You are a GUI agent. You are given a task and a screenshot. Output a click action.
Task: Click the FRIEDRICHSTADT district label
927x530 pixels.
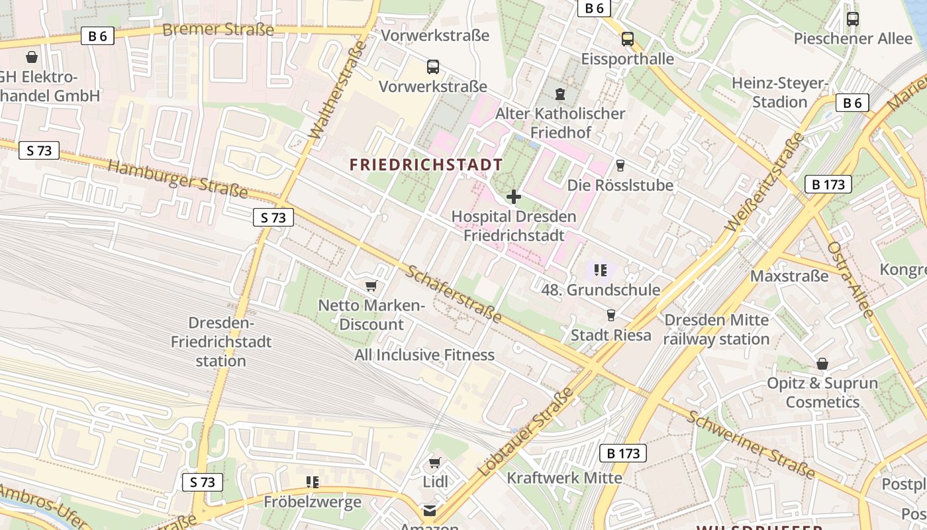pyautogui.click(x=426, y=165)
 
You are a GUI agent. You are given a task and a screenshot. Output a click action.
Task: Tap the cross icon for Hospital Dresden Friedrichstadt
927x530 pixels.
pyautogui.click(x=513, y=197)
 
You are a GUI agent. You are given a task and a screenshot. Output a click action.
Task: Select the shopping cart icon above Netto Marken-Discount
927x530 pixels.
pyautogui.click(x=371, y=286)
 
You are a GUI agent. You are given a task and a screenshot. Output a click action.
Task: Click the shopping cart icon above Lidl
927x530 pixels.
pyautogui.click(x=434, y=462)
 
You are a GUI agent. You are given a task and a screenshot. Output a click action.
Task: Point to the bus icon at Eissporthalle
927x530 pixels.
pyautogui.click(x=627, y=39)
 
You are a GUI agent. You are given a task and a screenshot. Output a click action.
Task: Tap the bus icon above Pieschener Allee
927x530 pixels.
pyautogui.click(x=853, y=19)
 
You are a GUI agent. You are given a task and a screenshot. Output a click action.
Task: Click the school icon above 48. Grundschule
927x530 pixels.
pyautogui.click(x=601, y=270)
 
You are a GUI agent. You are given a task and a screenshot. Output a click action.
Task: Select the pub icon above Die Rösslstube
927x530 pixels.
pyautogui.click(x=620, y=165)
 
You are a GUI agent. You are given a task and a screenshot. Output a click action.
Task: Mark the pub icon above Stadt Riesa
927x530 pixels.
pyautogui.click(x=610, y=315)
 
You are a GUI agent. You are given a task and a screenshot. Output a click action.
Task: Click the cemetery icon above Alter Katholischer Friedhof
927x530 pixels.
pyautogui.click(x=560, y=93)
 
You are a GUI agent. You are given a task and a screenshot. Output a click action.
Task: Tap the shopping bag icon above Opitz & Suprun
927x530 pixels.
pyautogui.click(x=822, y=364)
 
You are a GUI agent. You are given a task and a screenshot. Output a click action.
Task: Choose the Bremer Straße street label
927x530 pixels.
pyautogui.click(x=218, y=30)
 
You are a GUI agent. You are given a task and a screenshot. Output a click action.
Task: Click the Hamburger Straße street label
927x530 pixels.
pyautogui.click(x=177, y=178)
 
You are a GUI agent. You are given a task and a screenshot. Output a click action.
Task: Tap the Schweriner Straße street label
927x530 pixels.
pyautogui.click(x=750, y=444)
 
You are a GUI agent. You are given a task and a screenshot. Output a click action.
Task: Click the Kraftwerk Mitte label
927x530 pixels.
pyautogui.click(x=564, y=478)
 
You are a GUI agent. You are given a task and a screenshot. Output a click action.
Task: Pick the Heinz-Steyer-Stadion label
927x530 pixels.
pyautogui.click(x=780, y=93)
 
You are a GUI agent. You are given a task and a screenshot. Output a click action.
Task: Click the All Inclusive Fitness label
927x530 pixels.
pyautogui.click(x=424, y=355)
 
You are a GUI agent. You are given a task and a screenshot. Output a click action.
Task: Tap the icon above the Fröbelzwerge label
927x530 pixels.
pyautogui.click(x=313, y=482)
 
